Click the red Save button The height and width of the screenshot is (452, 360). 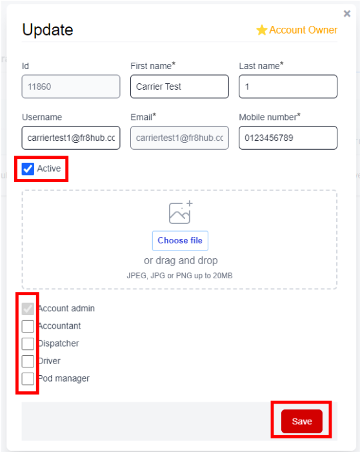pos(301,421)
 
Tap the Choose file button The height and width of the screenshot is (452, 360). pos(180,240)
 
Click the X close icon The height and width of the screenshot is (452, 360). pos(347,14)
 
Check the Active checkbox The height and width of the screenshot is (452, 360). pos(28,169)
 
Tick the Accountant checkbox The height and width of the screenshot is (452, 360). pos(28,326)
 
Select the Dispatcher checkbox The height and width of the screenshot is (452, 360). pos(28,344)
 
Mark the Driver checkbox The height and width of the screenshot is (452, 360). pos(28,361)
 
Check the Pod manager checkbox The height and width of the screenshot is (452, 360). pos(28,379)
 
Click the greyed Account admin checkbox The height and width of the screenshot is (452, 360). pos(28,309)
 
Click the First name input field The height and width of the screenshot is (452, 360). pos(179,87)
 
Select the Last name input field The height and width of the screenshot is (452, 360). pos(288,87)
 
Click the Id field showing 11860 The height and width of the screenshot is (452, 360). pos(71,87)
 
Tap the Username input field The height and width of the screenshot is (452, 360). pos(71,138)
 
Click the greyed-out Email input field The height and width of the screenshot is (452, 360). pos(179,138)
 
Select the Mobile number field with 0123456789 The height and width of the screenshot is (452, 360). pos(288,138)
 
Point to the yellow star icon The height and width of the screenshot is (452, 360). pos(262,30)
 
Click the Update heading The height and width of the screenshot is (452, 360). pos(48,30)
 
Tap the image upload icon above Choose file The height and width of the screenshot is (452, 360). pos(181,212)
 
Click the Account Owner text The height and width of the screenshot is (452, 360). pos(303,30)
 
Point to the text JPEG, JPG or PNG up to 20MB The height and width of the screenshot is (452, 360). pos(179,276)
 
